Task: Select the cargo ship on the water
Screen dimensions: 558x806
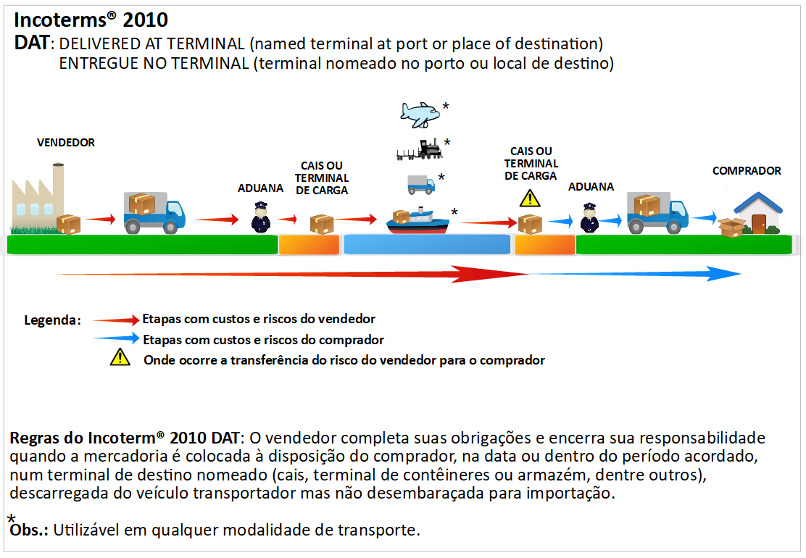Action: [x=418, y=220]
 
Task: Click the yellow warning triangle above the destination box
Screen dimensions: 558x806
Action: [x=531, y=197]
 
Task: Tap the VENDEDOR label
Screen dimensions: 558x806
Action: [x=66, y=143]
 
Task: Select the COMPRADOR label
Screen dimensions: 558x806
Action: [x=747, y=171]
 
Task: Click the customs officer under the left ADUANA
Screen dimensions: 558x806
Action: [x=260, y=217]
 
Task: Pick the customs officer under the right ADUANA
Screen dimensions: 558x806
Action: [x=589, y=217]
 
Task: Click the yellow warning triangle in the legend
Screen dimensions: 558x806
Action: [x=120, y=357]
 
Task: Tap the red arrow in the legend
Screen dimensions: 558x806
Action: [x=116, y=319]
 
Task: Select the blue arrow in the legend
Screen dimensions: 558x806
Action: [x=116, y=338]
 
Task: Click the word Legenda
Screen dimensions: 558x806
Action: [x=51, y=320]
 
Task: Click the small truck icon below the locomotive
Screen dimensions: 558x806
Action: [x=420, y=184]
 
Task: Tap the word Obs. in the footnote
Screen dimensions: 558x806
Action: [x=30, y=530]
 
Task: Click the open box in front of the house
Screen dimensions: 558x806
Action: [x=731, y=228]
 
